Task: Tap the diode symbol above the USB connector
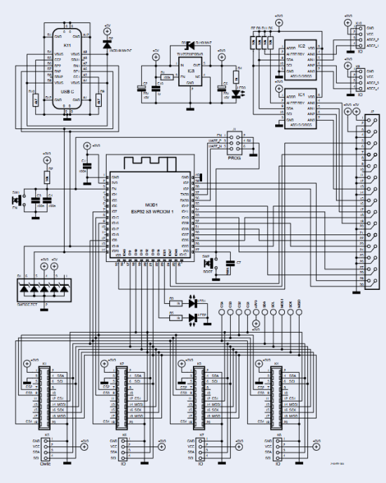click(107, 44)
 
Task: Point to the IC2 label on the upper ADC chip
click(301, 45)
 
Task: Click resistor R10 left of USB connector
click(33, 98)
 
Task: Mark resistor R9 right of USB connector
click(101, 98)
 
